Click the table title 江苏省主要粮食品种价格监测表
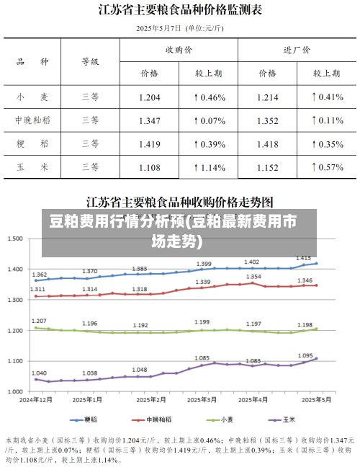(x=180, y=10)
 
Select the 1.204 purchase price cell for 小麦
(x=149, y=97)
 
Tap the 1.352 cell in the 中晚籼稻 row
(x=267, y=120)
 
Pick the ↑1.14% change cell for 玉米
(x=210, y=167)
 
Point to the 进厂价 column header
(x=297, y=50)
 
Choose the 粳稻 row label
(x=33, y=144)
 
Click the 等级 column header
(x=90, y=62)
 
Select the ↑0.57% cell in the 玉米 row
(x=326, y=167)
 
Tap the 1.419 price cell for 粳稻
(x=149, y=144)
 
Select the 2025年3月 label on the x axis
(x=194, y=399)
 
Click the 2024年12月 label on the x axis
(x=36, y=399)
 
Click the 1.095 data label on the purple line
(x=305, y=355)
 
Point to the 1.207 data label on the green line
(x=40, y=321)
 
